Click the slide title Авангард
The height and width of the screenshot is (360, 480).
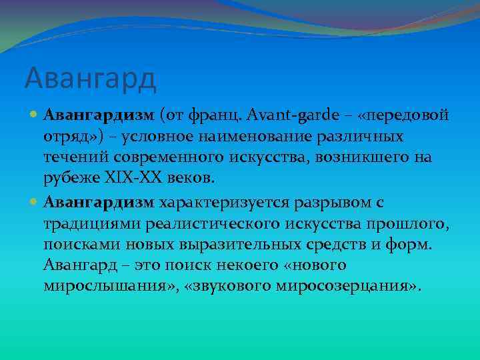point(90,79)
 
